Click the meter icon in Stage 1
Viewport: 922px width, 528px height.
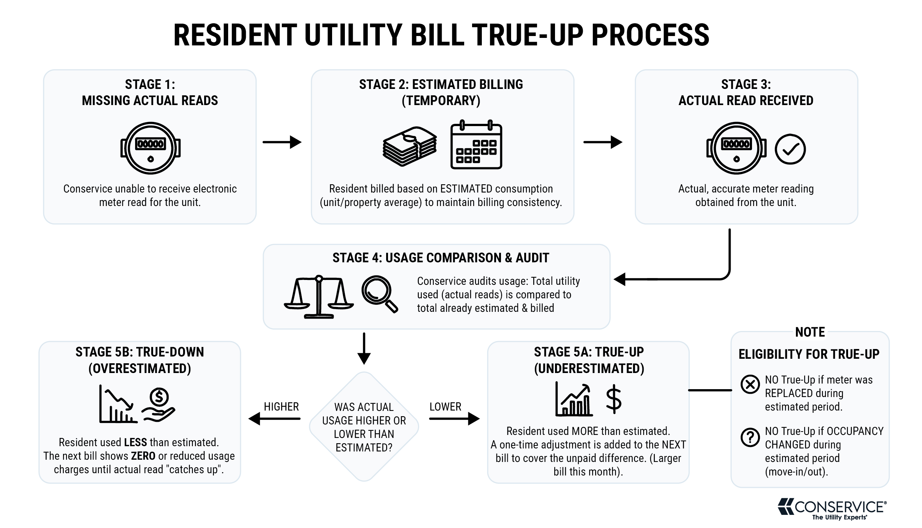[150, 148]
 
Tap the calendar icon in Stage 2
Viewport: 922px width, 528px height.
[476, 144]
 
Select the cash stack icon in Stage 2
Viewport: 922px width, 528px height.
[410, 146]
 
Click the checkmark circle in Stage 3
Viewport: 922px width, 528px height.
[790, 149]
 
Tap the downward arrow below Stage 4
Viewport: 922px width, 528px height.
[364, 349]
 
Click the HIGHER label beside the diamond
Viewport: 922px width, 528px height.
[281, 407]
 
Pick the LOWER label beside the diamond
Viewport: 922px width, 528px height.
[445, 407]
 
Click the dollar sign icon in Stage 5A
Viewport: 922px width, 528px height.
[614, 399]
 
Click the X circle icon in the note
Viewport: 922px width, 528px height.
[750, 385]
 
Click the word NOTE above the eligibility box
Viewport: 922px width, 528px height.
[810, 332]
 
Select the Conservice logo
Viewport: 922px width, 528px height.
[832, 509]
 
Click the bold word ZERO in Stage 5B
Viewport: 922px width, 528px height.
[143, 456]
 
